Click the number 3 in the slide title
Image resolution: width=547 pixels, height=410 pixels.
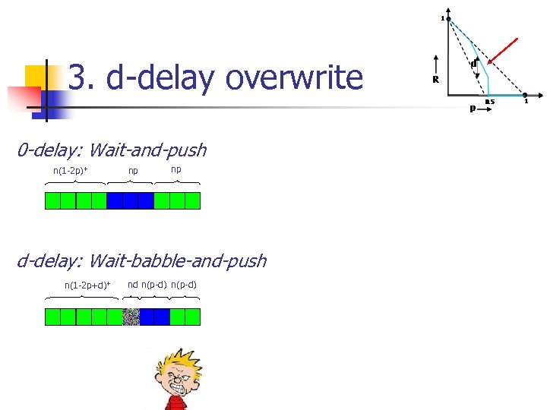76,77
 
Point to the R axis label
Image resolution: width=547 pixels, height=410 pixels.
435,80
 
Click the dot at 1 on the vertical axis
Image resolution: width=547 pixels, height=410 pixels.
449,18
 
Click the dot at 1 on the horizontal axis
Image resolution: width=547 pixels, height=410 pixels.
525,95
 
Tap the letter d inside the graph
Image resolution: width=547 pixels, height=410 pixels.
473,65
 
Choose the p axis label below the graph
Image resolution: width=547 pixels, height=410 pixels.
473,109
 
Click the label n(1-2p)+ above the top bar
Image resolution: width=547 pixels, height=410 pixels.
70,170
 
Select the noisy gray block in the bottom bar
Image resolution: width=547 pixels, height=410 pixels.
131,317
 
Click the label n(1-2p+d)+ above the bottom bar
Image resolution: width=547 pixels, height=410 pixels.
87,285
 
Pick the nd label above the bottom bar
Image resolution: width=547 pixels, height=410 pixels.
132,285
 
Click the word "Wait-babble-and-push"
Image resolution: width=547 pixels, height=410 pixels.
178,261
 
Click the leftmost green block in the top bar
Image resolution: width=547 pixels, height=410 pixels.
52,200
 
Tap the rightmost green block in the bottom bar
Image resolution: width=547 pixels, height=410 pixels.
193,317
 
